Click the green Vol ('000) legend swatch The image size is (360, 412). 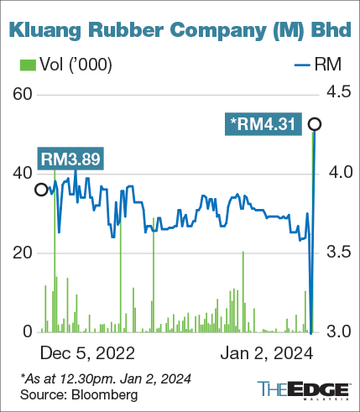(x=25, y=65)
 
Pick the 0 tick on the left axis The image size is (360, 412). (x=25, y=331)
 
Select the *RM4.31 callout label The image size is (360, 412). (x=263, y=125)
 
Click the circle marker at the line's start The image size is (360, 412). (x=40, y=190)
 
